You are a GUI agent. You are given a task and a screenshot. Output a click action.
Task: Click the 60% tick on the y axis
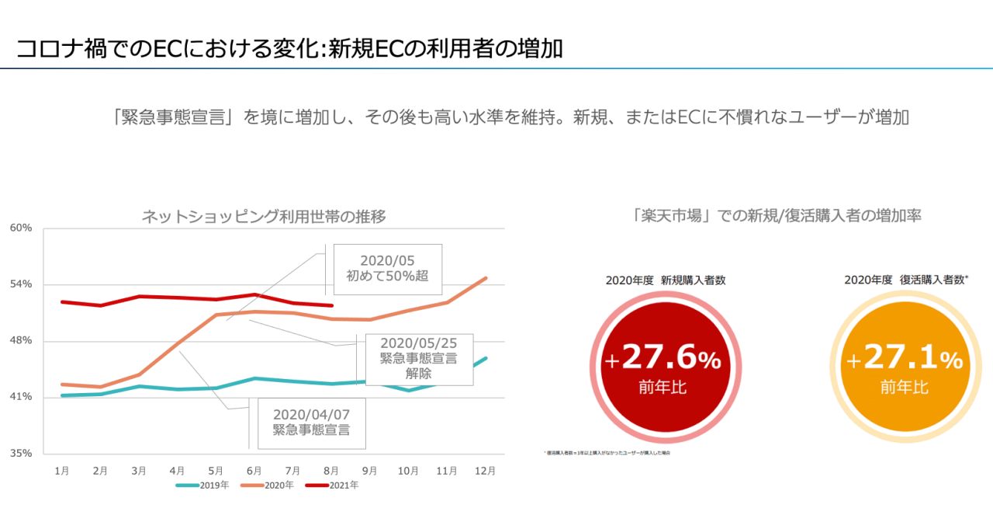[21, 228]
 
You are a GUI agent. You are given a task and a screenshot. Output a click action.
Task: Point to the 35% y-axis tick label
[21, 453]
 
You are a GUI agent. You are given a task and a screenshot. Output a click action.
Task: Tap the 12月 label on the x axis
[486, 470]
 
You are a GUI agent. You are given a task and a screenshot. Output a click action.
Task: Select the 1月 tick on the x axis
[61, 470]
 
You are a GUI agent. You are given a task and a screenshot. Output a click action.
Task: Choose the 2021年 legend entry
[331, 485]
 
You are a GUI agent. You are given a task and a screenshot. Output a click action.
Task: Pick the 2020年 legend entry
[267, 485]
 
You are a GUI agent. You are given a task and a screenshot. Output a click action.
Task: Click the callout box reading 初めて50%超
[387, 268]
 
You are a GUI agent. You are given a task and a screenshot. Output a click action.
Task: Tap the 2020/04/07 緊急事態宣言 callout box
[310, 423]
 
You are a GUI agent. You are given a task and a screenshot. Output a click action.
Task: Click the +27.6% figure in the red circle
[663, 358]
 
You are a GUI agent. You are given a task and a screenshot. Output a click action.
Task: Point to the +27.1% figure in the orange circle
[904, 358]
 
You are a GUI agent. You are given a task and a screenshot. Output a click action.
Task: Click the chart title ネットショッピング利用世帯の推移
[264, 217]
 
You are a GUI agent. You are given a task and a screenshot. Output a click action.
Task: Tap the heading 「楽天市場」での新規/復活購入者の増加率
[777, 216]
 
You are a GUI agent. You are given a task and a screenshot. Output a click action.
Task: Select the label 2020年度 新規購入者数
[666, 280]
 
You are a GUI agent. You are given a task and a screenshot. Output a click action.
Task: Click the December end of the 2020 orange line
[486, 277]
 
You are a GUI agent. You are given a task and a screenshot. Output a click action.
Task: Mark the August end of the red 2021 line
[332, 306]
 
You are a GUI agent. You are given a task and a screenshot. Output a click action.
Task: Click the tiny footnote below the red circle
[607, 452]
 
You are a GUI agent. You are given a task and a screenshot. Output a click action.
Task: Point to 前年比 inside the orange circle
[904, 387]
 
